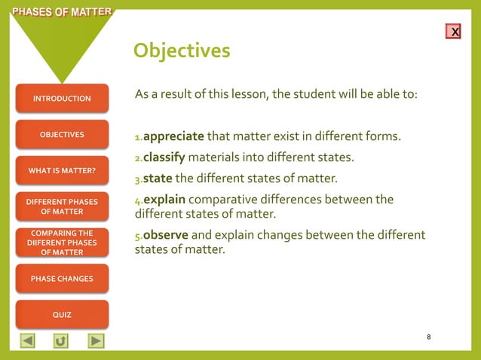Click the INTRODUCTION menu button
point(62,99)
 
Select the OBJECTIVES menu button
point(62,135)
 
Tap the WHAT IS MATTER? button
point(62,171)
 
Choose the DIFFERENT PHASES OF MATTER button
point(62,206)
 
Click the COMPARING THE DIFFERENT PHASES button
point(62,243)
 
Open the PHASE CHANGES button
point(62,279)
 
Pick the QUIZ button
point(62,315)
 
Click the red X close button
point(454,32)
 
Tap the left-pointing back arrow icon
point(27,340)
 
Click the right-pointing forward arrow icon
point(96,340)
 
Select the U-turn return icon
point(61,340)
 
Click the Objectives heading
point(182,50)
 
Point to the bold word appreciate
point(173,137)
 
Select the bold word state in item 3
point(158,179)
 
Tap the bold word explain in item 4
point(164,200)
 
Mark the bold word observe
point(165,234)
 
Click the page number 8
point(428,337)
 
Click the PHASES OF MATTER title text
point(57,11)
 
